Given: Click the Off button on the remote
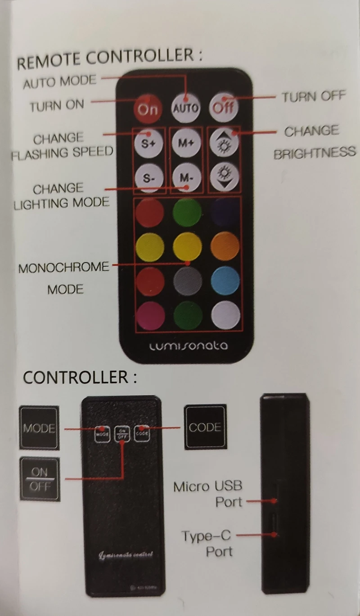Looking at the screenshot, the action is tap(223, 107).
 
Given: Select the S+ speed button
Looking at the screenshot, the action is tap(149, 144).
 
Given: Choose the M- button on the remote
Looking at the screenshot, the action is tap(186, 178).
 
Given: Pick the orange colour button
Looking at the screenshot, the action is tap(225, 246).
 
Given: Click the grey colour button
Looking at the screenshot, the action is tap(187, 281).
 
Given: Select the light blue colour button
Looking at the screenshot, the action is tap(225, 281).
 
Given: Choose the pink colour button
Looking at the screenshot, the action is tap(150, 315).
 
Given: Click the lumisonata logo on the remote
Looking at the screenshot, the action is tap(188, 346).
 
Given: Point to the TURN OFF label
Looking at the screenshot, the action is tap(313, 96).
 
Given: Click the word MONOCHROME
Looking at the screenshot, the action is tap(63, 268).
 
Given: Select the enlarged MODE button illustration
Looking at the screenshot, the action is tap(39, 428).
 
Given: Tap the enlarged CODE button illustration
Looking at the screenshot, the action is tap(205, 426).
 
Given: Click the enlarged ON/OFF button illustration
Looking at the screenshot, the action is tap(40, 479).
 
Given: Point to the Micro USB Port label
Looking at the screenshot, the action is tap(208, 494).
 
